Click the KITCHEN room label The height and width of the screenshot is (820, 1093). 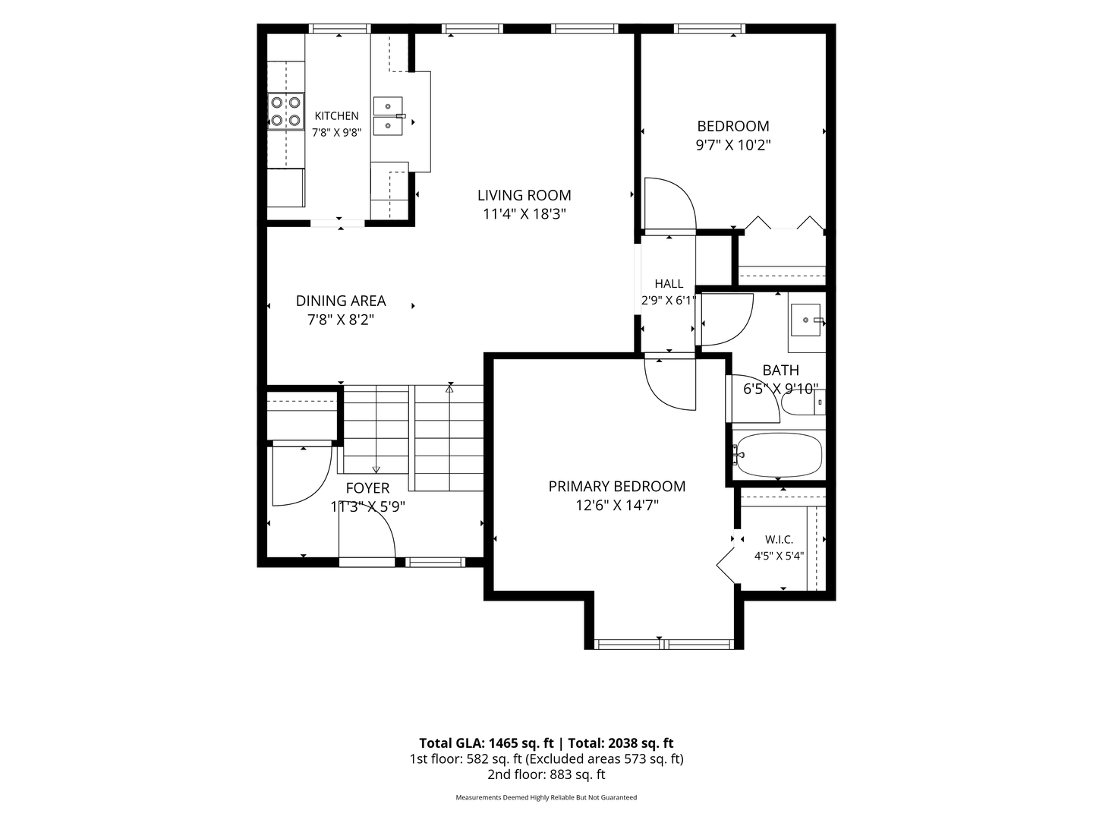tap(336, 116)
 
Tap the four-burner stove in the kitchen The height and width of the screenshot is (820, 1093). tap(286, 112)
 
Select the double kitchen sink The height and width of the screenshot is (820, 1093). tap(388, 116)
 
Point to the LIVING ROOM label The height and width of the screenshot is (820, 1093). tap(524, 195)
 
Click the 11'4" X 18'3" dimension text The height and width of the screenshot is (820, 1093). tap(524, 214)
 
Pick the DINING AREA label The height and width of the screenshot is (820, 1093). tap(341, 301)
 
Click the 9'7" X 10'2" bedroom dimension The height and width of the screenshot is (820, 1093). tap(733, 145)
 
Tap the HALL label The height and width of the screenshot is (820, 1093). tap(669, 284)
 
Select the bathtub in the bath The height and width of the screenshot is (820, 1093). tap(778, 455)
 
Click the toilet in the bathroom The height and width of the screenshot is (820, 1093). tap(803, 402)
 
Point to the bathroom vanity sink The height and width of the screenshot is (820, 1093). tap(805, 320)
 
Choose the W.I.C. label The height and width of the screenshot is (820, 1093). tap(779, 540)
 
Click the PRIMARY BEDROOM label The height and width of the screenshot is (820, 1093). tap(617, 487)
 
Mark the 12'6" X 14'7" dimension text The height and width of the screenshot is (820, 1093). tap(617, 506)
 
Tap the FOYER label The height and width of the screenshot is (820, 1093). tap(367, 488)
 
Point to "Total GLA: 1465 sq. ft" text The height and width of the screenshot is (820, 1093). tap(486, 743)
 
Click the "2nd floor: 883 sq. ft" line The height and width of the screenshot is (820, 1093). tap(546, 774)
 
